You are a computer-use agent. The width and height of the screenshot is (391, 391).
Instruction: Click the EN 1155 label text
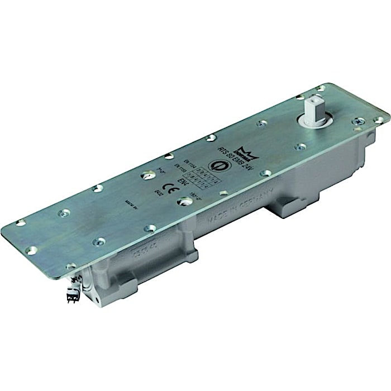coord(177,168)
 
